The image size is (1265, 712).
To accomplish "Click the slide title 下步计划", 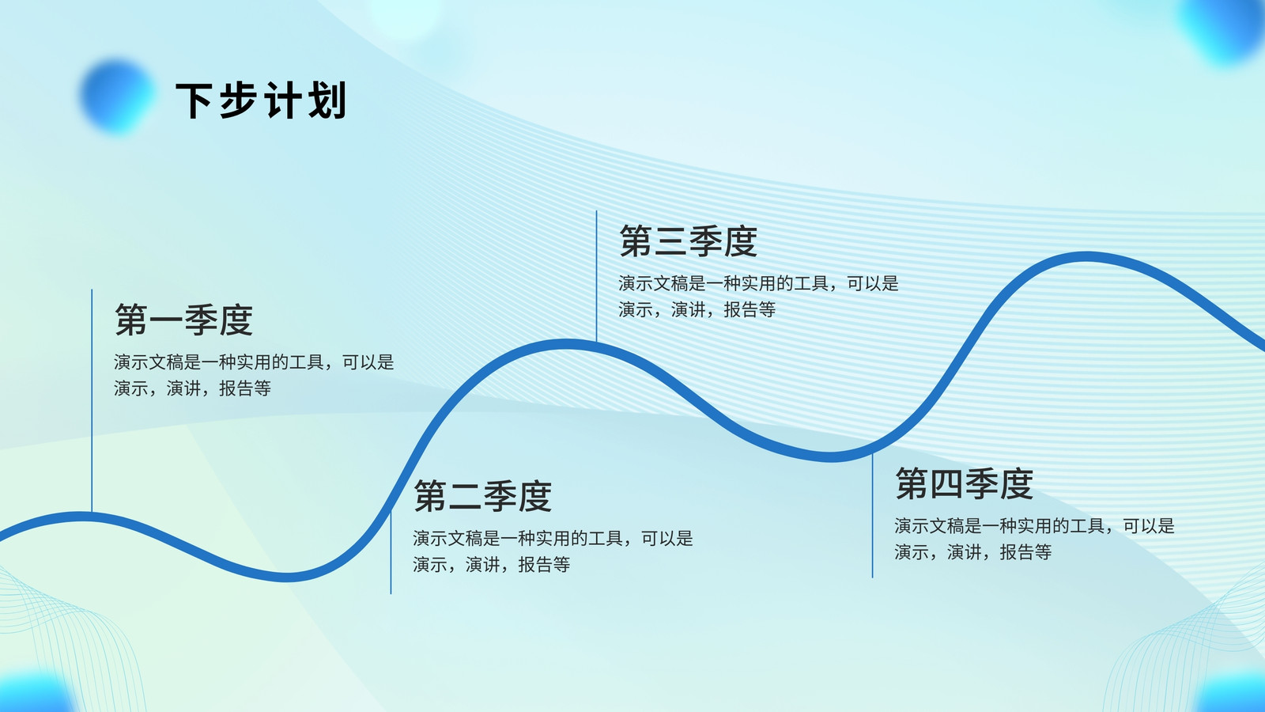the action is tap(260, 100).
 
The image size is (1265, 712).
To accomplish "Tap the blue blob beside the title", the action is tap(118, 96).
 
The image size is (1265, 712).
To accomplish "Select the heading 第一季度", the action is tap(183, 320).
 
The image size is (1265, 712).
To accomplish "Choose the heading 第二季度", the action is tap(483, 496).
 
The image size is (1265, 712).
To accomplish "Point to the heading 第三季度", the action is tap(689, 241).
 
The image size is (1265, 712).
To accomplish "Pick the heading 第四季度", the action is tap(964, 483).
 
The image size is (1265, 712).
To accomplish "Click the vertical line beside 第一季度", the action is tap(92, 400).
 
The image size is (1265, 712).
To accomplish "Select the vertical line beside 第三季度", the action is tap(596, 276).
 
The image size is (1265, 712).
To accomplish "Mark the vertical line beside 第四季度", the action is tap(873, 515).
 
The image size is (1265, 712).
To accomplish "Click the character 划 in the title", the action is tap(327, 100).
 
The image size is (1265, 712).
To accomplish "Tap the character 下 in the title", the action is tap(194, 100).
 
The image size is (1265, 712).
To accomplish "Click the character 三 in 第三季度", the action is tap(671, 241).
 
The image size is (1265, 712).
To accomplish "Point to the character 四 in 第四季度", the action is tap(947, 483).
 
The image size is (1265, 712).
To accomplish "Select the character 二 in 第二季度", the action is tap(466, 496).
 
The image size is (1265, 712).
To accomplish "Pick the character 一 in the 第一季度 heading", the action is tap(166, 320).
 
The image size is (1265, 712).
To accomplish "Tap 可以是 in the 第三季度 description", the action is tap(873, 283).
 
